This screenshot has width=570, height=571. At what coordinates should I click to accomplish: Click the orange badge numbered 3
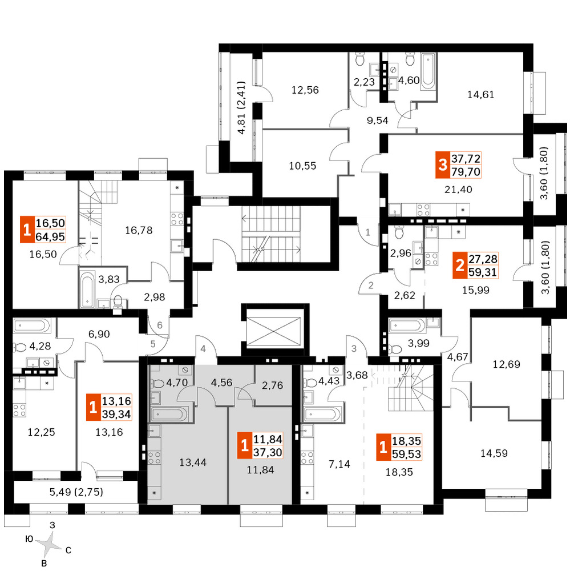pyautogui.click(x=443, y=165)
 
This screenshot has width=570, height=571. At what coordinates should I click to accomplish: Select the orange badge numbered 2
pyautogui.click(x=460, y=266)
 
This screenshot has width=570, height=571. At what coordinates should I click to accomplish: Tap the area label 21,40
pyautogui.click(x=458, y=190)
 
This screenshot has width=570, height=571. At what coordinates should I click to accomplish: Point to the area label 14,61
pyautogui.click(x=481, y=95)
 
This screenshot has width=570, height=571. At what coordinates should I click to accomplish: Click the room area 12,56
pyautogui.click(x=305, y=90)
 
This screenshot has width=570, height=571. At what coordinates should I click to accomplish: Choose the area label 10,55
pyautogui.click(x=302, y=166)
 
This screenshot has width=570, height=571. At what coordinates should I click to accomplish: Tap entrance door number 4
pyautogui.click(x=203, y=349)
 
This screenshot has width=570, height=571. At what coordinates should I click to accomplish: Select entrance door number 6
pyautogui.click(x=160, y=325)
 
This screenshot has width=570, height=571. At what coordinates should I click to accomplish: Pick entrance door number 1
pyautogui.click(x=367, y=232)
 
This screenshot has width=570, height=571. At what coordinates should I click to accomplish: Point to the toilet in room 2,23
pyautogui.click(x=359, y=59)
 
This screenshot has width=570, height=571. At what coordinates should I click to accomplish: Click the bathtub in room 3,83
pyautogui.click(x=87, y=289)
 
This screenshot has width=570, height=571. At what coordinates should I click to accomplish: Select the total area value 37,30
pyautogui.click(x=268, y=453)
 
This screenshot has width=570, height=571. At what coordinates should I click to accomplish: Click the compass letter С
pyautogui.click(x=68, y=550)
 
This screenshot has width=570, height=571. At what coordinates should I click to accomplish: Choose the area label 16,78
pyautogui.click(x=139, y=230)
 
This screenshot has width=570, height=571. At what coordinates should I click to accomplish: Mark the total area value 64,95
pyautogui.click(x=50, y=237)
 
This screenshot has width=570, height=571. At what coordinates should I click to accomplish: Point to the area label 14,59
pyautogui.click(x=494, y=453)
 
